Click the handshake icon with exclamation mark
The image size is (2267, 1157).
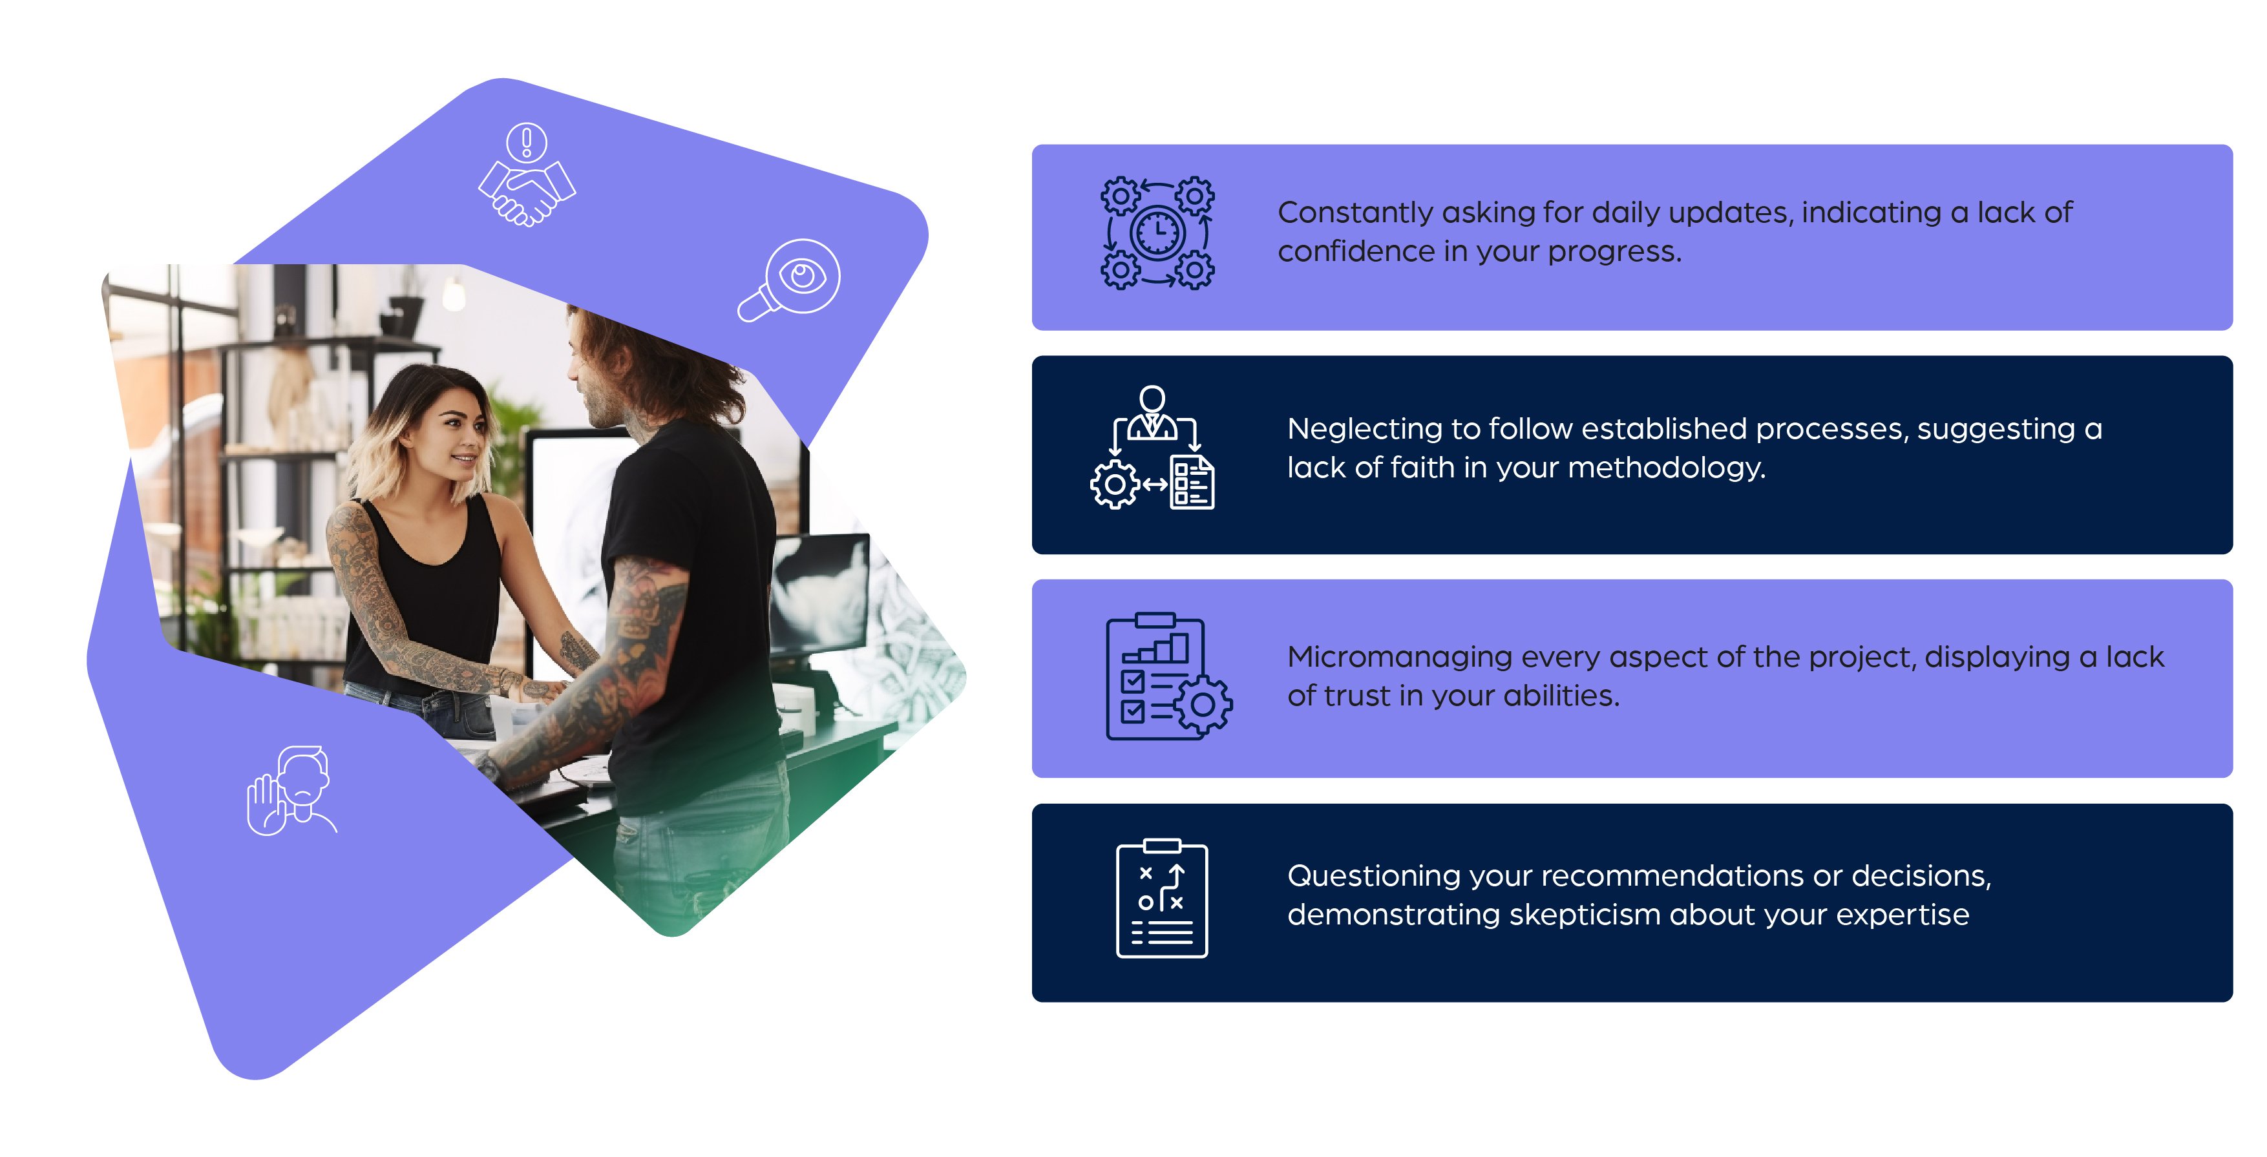tap(526, 175)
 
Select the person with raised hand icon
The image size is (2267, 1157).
tap(291, 790)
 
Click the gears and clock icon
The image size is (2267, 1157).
tap(1157, 233)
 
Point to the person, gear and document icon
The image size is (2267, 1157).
tap(1153, 448)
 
